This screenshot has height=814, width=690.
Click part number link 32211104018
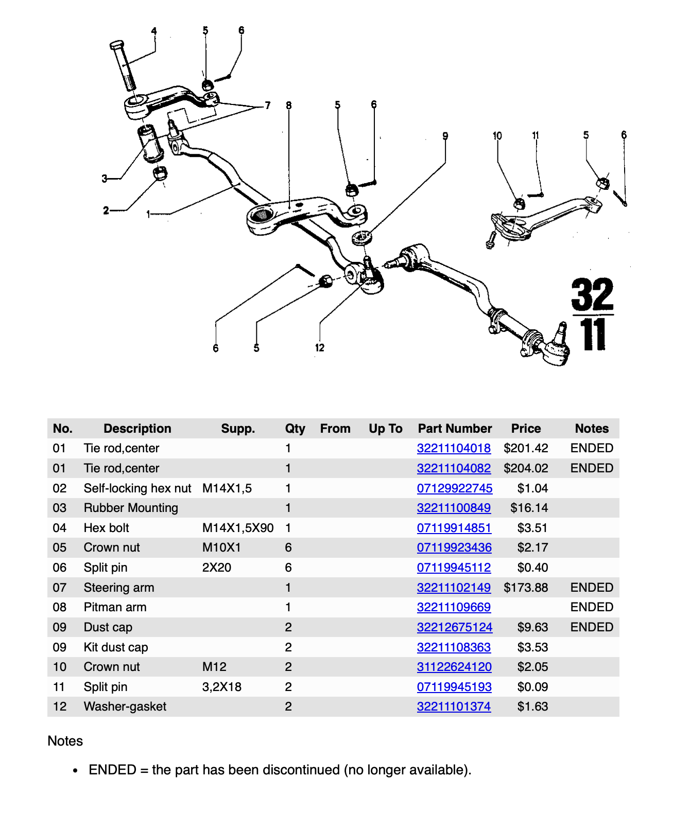pyautogui.click(x=453, y=448)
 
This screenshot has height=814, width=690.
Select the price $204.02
pyautogui.click(x=526, y=468)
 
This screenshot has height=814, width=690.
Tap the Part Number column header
pyautogui.click(x=455, y=429)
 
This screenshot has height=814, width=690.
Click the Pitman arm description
pyautogui.click(x=115, y=607)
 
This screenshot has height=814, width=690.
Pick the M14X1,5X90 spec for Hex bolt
pyautogui.click(x=237, y=528)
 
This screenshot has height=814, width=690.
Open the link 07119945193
pyautogui.click(x=454, y=687)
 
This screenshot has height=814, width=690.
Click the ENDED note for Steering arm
pyautogui.click(x=591, y=588)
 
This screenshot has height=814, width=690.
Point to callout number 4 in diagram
pyautogui.click(x=153, y=31)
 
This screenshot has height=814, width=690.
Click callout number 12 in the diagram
pyautogui.click(x=320, y=348)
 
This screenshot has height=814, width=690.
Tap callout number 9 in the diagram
pyautogui.click(x=445, y=136)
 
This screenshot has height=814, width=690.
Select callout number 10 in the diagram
pyautogui.click(x=497, y=136)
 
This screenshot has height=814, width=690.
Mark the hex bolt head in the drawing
pyautogui.click(x=116, y=45)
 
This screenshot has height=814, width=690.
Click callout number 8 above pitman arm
pyautogui.click(x=289, y=105)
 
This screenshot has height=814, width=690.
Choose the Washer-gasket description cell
pyautogui.click(x=125, y=706)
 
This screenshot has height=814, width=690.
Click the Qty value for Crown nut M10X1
pyautogui.click(x=288, y=547)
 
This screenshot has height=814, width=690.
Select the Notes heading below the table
pyautogui.click(x=65, y=741)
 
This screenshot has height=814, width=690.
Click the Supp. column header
pyautogui.click(x=238, y=429)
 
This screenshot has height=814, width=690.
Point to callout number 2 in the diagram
pyautogui.click(x=106, y=210)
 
